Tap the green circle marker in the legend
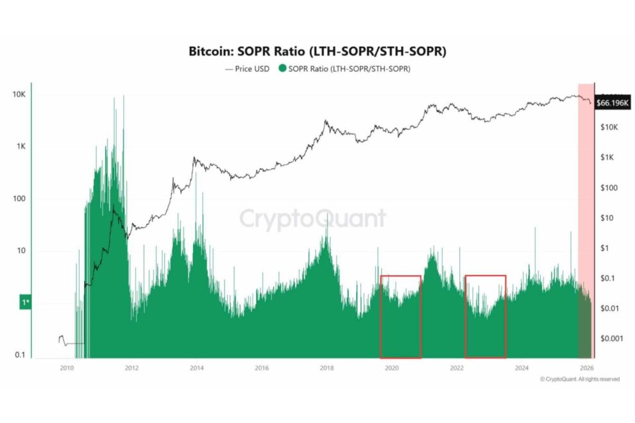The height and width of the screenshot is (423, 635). tap(284, 69)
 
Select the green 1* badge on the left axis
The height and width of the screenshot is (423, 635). tap(24, 302)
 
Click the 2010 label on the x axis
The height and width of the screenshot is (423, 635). tap(67, 368)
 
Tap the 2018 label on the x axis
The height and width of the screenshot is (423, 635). tap(326, 368)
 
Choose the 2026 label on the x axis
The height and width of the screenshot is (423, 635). tap(586, 368)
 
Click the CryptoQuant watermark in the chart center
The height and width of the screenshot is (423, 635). tap(313, 219)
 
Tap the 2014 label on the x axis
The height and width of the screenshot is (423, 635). tap(197, 368)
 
